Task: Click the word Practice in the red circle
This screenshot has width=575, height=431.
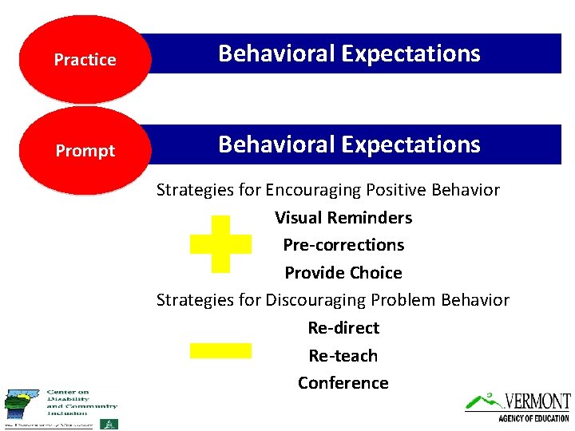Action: pyautogui.click(x=85, y=60)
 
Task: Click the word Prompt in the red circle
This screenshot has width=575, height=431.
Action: pyautogui.click(x=85, y=151)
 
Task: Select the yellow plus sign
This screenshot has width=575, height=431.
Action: pyautogui.click(x=221, y=244)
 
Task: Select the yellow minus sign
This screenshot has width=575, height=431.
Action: pyautogui.click(x=220, y=350)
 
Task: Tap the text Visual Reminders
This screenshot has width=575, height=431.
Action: pyautogui.click(x=343, y=218)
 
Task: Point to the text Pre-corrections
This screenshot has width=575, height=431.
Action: pyautogui.click(x=343, y=245)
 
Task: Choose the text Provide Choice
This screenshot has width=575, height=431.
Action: pyautogui.click(x=343, y=273)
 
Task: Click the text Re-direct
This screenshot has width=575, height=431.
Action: pyautogui.click(x=343, y=328)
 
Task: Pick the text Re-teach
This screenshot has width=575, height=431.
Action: pyautogui.click(x=343, y=356)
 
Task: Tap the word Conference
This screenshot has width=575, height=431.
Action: pyautogui.click(x=343, y=383)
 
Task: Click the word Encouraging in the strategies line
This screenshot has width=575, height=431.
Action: pyautogui.click(x=313, y=191)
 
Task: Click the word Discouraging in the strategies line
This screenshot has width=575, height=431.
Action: pyautogui.click(x=318, y=300)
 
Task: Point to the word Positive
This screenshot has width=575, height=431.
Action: pyautogui.click(x=396, y=190)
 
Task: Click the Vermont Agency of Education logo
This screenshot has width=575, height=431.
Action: pyautogui.click(x=518, y=406)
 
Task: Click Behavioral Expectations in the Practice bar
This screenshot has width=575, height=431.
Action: pyautogui.click(x=350, y=53)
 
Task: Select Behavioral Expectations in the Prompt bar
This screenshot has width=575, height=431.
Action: pyautogui.click(x=350, y=144)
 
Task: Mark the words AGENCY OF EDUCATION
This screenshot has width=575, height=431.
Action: pyautogui.click(x=533, y=418)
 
